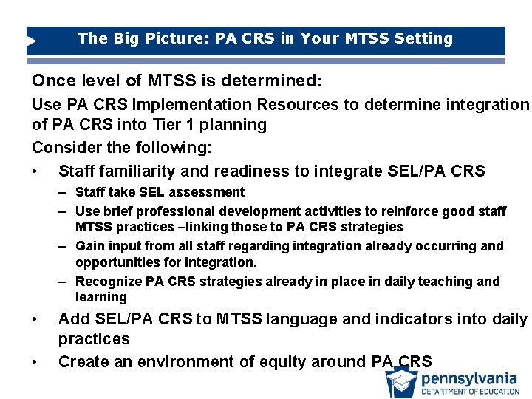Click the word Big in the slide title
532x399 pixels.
pyautogui.click(x=124, y=38)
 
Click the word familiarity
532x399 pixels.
pyautogui.click(x=136, y=171)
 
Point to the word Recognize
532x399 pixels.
pyautogui.click(x=108, y=282)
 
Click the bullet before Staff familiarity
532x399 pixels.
pyautogui.click(x=35, y=172)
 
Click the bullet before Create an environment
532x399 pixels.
pyautogui.click(x=35, y=362)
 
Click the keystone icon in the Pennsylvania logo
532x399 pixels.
pyautogui.click(x=401, y=382)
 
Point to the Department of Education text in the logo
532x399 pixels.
pyautogui.click(x=469, y=392)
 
